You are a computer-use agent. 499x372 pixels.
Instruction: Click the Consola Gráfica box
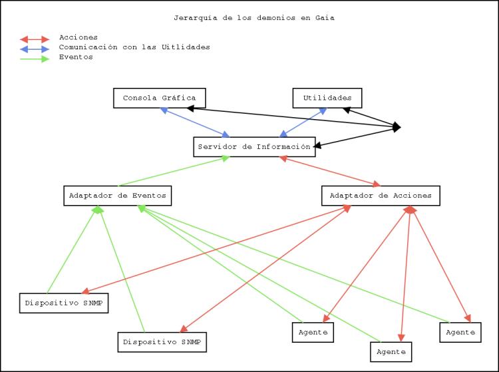point(159,98)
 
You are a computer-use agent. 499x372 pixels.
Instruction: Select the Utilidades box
point(327,98)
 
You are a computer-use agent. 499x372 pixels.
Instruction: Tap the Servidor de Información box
point(253,146)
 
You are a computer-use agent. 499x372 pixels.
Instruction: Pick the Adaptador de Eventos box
point(117,196)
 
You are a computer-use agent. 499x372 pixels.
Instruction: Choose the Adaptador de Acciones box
point(381,196)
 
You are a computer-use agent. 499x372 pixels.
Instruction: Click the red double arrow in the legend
point(35,39)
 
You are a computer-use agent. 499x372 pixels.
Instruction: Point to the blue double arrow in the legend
point(35,49)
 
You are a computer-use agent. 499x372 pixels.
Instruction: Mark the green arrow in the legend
point(35,59)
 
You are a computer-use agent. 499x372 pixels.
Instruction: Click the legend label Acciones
point(78,37)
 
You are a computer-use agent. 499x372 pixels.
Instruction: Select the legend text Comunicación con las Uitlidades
point(134,47)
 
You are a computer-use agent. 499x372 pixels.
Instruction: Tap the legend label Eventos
point(76,57)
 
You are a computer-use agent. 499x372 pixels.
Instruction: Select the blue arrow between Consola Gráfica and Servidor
point(196,122)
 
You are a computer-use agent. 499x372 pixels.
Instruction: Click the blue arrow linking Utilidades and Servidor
point(303,122)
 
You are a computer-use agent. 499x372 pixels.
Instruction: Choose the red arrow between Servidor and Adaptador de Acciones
point(329,171)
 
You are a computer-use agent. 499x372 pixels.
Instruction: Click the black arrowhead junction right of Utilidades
point(397,126)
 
